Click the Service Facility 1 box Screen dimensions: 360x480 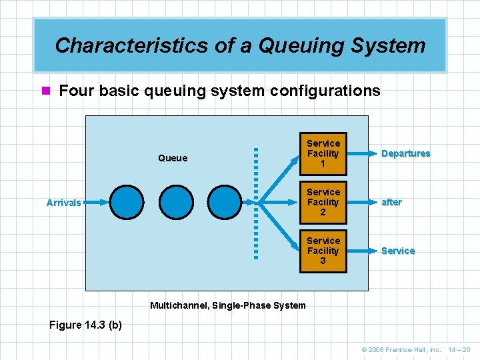(323, 153)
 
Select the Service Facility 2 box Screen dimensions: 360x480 (323, 202)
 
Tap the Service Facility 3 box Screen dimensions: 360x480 (323, 251)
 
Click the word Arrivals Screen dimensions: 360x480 (64, 203)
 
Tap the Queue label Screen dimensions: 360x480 (173, 158)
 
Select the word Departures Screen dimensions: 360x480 (405, 153)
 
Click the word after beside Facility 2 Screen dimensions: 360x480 (391, 202)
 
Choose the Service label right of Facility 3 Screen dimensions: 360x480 (398, 251)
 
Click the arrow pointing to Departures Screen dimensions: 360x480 (361, 153)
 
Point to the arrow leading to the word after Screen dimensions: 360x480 (361, 202)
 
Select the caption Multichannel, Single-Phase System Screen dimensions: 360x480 (228, 305)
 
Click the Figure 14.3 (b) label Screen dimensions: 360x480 (85, 325)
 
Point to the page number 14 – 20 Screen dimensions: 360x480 (460, 349)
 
